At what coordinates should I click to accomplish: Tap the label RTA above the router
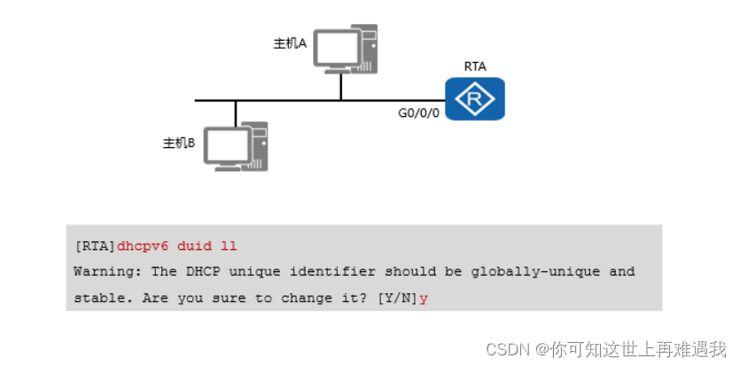tap(475, 66)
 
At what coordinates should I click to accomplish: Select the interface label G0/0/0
tap(418, 113)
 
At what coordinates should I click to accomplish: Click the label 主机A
tap(290, 43)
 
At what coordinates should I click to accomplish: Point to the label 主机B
tap(179, 143)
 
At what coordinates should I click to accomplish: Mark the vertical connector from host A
tap(340, 87)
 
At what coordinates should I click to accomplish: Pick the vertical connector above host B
tap(236, 113)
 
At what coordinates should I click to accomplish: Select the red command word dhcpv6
tap(143, 245)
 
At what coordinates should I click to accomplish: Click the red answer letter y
tap(424, 299)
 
